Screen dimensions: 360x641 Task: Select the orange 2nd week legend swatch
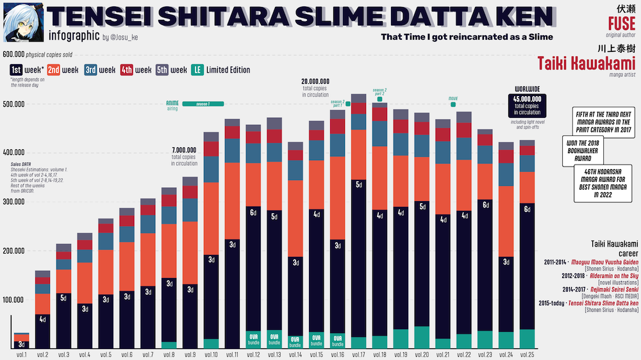pyautogui.click(x=54, y=70)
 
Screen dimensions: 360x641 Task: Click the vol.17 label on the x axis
pyautogui.click(x=359, y=354)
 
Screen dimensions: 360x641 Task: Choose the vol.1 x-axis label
pyautogui.click(x=21, y=354)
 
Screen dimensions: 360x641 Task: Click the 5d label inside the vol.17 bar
pyautogui.click(x=359, y=186)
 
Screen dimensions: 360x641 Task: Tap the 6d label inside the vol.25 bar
pyautogui.click(x=527, y=209)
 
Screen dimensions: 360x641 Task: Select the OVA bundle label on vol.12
pyautogui.click(x=253, y=338)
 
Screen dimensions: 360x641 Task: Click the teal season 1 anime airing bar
pyautogui.click(x=203, y=104)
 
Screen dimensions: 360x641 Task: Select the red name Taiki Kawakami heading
pyautogui.click(x=587, y=63)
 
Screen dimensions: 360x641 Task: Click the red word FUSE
pyautogui.click(x=622, y=24)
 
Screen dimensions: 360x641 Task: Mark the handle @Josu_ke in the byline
pyautogui.click(x=124, y=37)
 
